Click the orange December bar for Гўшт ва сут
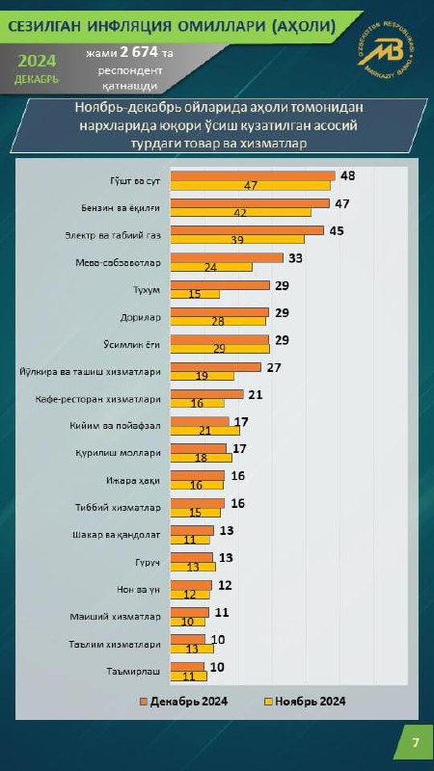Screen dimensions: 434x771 point(253,176)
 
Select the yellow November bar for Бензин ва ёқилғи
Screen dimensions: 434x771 point(240,212)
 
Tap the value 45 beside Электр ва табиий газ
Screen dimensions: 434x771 point(336,230)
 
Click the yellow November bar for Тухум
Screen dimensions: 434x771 point(195,294)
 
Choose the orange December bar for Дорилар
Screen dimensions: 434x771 point(220,312)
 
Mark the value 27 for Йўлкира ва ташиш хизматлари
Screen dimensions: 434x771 point(273,367)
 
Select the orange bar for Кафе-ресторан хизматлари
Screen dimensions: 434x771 point(206,394)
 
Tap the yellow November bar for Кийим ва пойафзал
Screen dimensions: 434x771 point(204,430)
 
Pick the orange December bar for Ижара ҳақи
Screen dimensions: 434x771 point(198,475)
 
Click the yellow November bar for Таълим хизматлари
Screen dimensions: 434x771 point(192,649)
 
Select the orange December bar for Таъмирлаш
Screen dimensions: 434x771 point(187,667)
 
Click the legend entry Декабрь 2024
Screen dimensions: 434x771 point(184,702)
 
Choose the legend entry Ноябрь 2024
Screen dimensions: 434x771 point(306,702)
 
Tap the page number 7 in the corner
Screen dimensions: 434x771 point(417,742)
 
